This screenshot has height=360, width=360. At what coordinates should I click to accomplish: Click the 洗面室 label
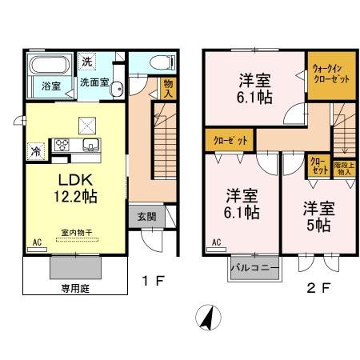pos(94,81)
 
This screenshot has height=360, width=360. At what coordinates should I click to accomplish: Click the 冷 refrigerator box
pos(36,149)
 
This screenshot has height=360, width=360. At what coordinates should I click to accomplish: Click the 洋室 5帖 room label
pos(316,216)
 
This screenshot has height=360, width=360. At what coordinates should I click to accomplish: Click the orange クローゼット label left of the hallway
pos(230,140)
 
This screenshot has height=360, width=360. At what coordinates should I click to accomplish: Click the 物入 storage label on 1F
pos(167,89)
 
